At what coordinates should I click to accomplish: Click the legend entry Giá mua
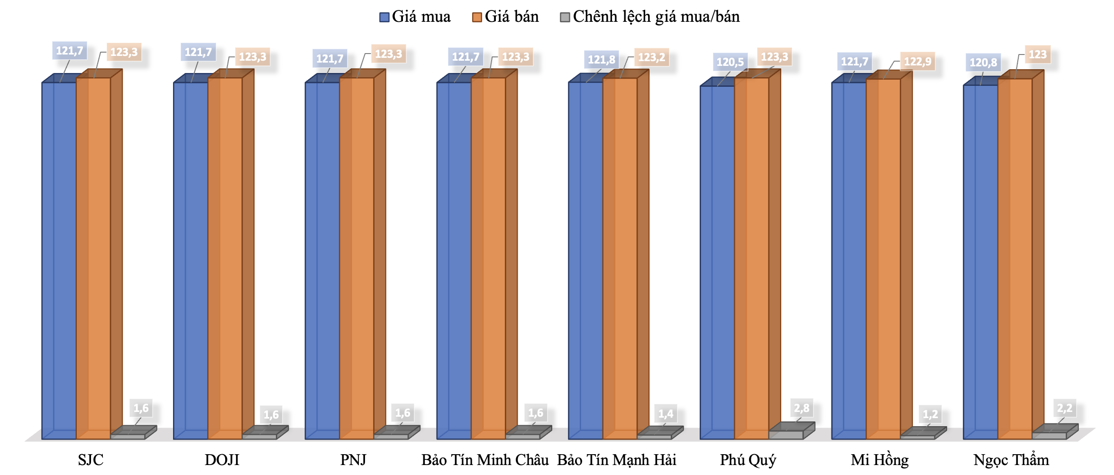tap(415, 17)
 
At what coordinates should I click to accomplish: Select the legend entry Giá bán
tap(505, 17)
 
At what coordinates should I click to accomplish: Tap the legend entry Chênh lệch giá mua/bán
tap(649, 17)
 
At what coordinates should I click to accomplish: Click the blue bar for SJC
tap(59, 261)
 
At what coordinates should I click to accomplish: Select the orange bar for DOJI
tap(225, 258)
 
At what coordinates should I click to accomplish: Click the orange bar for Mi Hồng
tap(883, 259)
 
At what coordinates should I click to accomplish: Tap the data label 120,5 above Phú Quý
tap(730, 62)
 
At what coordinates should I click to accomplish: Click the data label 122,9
tap(917, 62)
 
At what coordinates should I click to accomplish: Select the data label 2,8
tap(802, 408)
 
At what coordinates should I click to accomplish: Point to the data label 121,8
tap(601, 60)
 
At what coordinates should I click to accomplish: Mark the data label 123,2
tap(651, 57)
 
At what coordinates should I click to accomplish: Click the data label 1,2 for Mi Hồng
tap(930, 414)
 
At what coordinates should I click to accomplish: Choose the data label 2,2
tap(1064, 408)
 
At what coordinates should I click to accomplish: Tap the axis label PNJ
tap(353, 460)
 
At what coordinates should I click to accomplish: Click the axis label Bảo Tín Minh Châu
tap(485, 460)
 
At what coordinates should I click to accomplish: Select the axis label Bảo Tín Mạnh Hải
tap(616, 460)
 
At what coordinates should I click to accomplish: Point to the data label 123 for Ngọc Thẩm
tap(1037, 55)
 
